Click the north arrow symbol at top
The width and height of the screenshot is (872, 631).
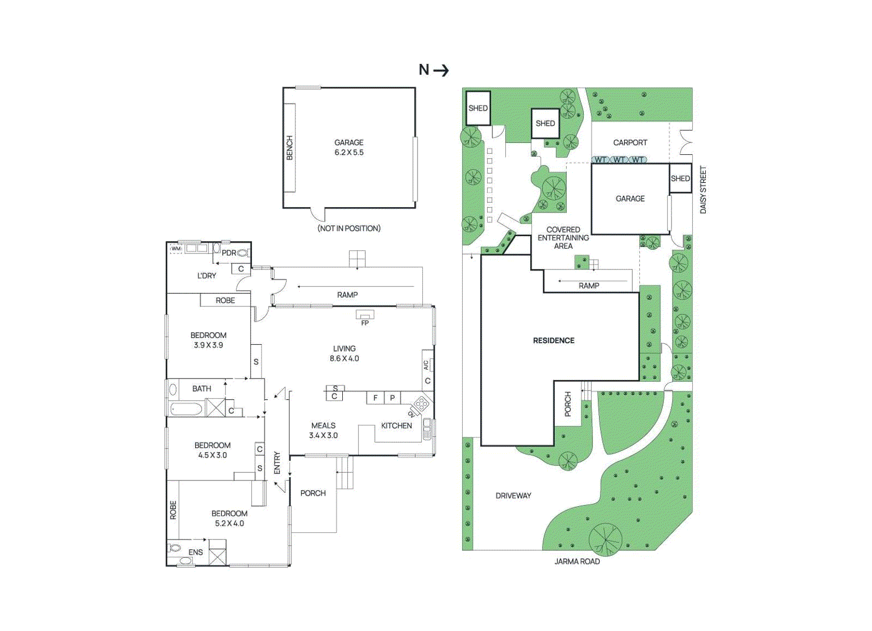[434, 70]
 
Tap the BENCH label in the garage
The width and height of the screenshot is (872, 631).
[289, 148]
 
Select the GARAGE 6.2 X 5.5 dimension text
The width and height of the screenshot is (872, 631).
[349, 148]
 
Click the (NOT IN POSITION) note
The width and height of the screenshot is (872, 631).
[349, 228]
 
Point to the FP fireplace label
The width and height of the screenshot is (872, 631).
[365, 323]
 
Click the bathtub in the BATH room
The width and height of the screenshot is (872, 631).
[186, 408]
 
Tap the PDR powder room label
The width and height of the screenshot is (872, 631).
[229, 253]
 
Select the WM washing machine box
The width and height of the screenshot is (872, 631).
[176, 249]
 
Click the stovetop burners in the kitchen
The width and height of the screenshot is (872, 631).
[420, 404]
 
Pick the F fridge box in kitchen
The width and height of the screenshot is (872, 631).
[375, 398]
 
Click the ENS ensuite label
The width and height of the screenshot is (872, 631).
[196, 552]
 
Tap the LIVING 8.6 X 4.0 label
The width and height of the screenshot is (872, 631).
[344, 353]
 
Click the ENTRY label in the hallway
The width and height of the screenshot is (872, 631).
[277, 462]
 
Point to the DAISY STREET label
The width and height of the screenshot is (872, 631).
[703, 190]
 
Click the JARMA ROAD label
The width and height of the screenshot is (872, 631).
[577, 561]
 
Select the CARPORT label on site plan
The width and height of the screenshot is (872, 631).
[630, 142]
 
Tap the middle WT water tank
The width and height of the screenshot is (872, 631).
[619, 160]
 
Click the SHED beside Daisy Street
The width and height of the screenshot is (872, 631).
[680, 178]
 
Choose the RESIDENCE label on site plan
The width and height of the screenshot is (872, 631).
[554, 340]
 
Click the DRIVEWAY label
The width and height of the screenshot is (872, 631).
[513, 495]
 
